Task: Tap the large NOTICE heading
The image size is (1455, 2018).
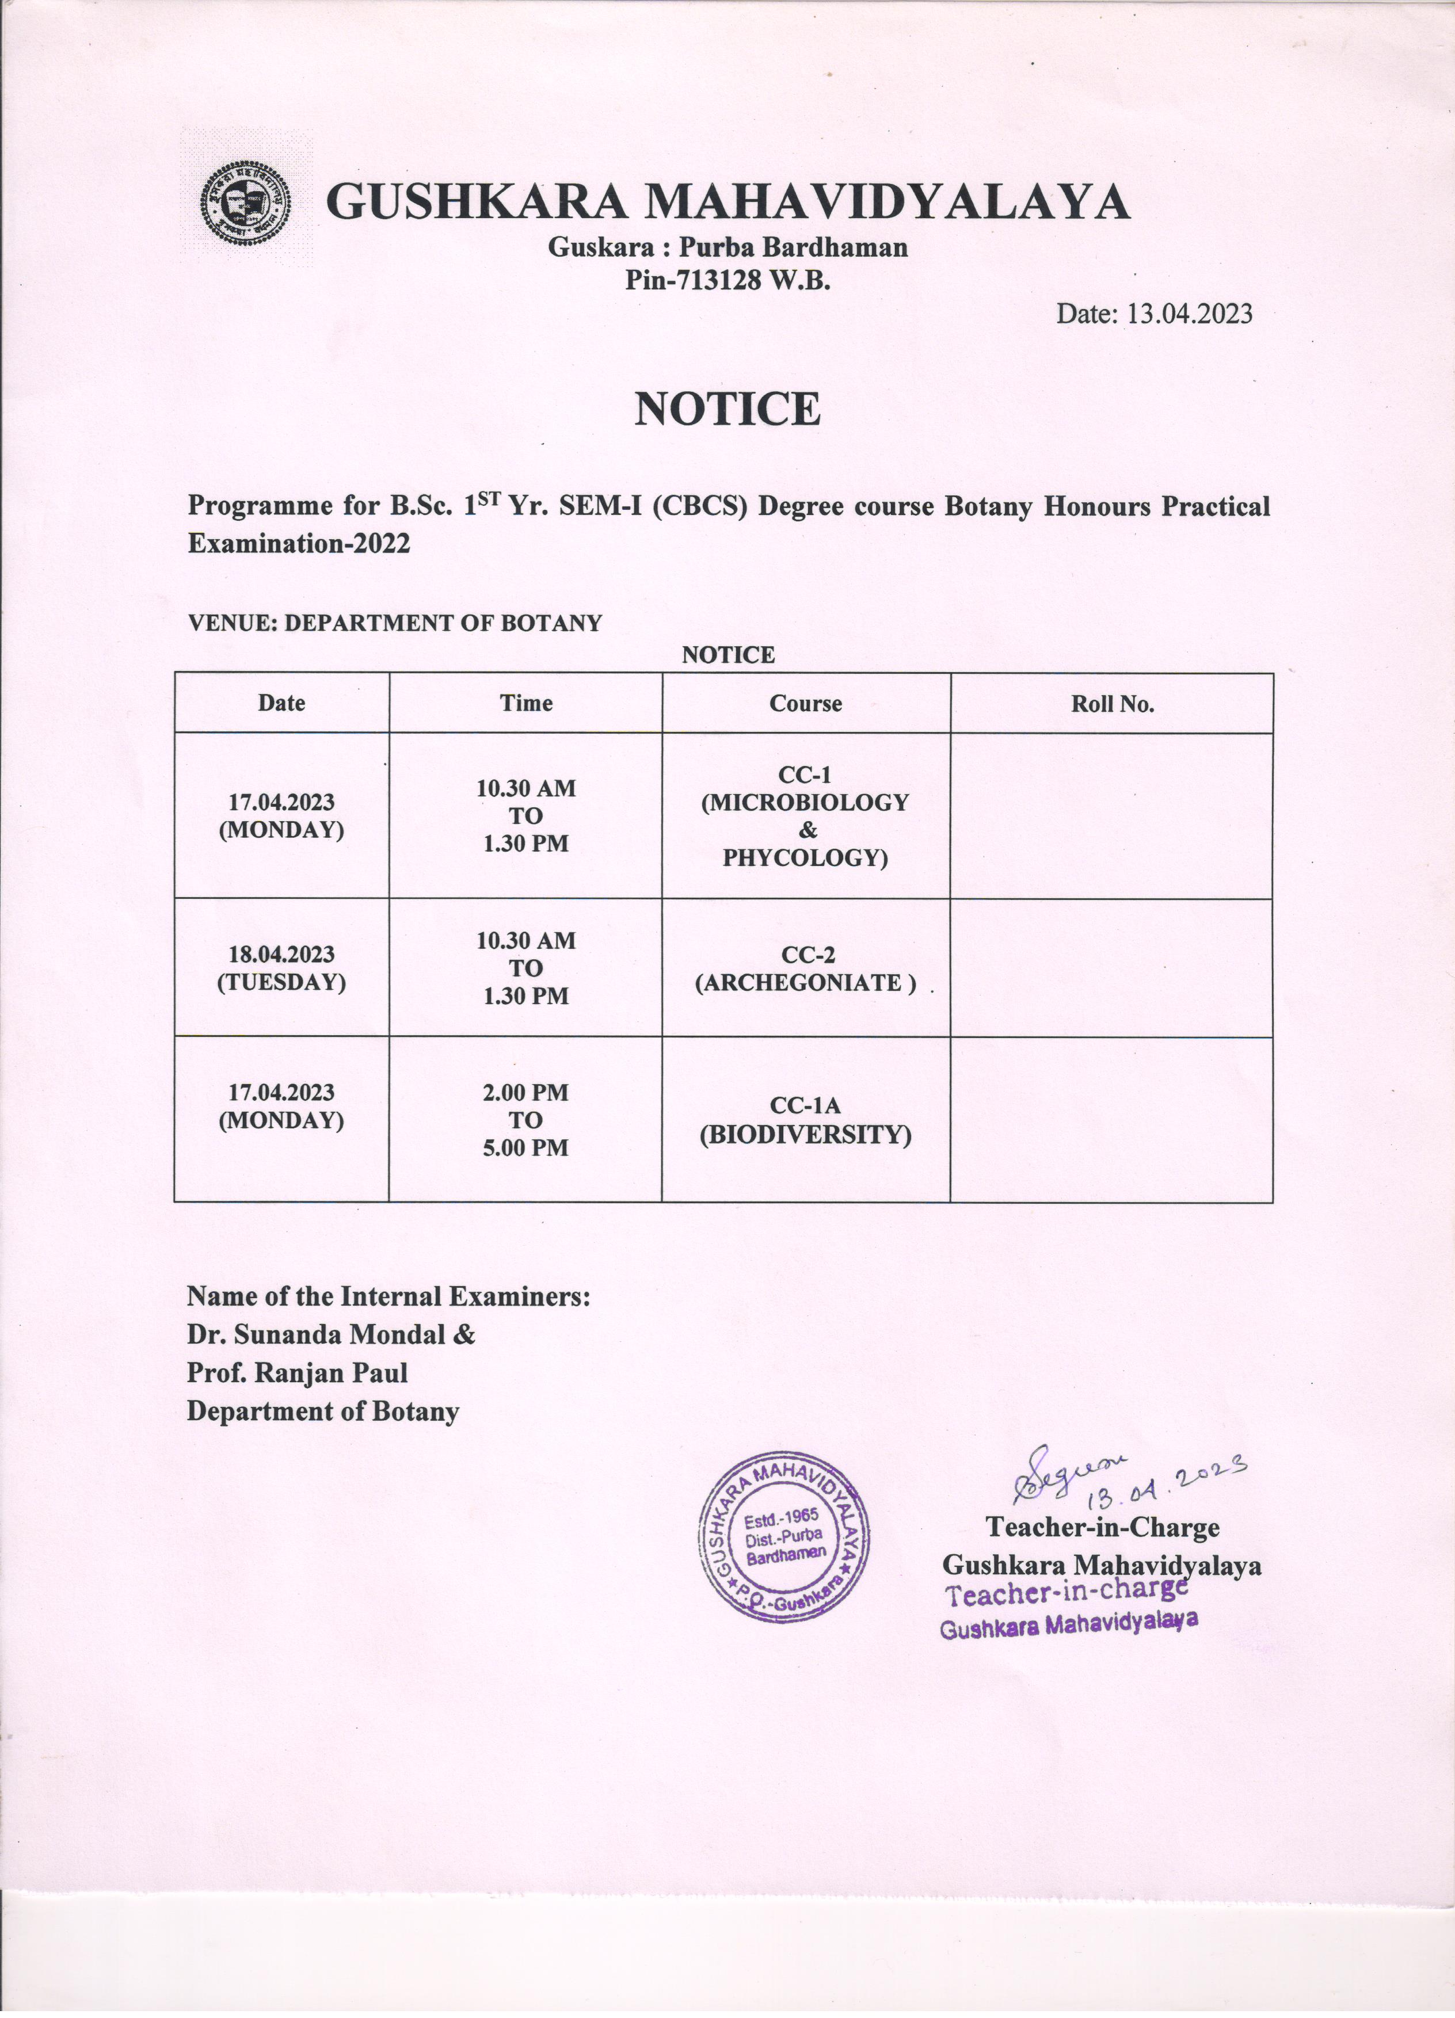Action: tap(726, 409)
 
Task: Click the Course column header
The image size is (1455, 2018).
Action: tap(805, 703)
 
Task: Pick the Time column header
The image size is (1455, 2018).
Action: tap(526, 703)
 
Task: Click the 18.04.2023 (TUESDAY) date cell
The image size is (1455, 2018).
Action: tap(281, 968)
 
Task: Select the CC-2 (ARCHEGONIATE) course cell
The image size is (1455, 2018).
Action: tap(805, 968)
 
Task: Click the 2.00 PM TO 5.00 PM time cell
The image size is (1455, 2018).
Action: tap(526, 1119)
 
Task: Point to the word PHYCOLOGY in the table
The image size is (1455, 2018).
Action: tap(805, 859)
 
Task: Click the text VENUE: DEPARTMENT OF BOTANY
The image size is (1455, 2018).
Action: tap(394, 623)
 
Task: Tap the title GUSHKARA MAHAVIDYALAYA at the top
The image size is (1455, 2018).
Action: tap(728, 202)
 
